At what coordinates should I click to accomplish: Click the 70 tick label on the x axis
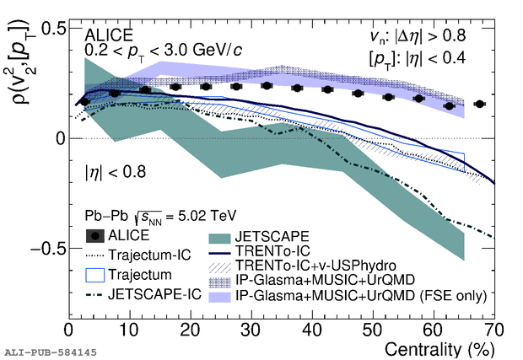[x=494, y=328]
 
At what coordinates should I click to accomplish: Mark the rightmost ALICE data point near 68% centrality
[x=480, y=104]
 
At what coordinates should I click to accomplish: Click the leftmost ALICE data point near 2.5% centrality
[x=84, y=101]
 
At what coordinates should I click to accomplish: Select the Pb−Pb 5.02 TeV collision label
[x=152, y=216]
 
